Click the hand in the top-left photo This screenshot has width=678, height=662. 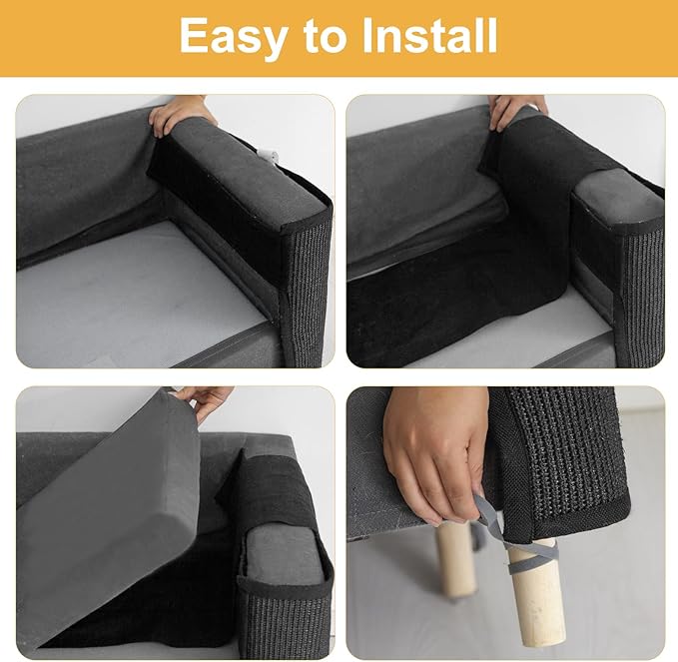point(180,113)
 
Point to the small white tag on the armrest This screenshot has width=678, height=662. point(266,155)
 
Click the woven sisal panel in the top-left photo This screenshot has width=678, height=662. point(304,290)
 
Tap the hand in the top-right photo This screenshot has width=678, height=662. point(516,109)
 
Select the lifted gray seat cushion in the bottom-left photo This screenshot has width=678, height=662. point(110,499)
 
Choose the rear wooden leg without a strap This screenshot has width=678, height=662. point(457,559)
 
